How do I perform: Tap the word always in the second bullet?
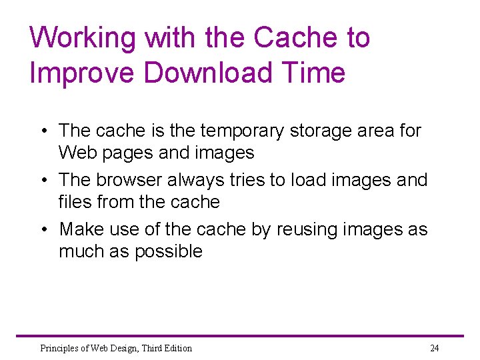[194, 179]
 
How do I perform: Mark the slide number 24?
[435, 348]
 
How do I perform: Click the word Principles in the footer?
[57, 348]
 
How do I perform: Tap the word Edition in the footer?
[177, 348]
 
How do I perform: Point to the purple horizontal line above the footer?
[240, 335]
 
